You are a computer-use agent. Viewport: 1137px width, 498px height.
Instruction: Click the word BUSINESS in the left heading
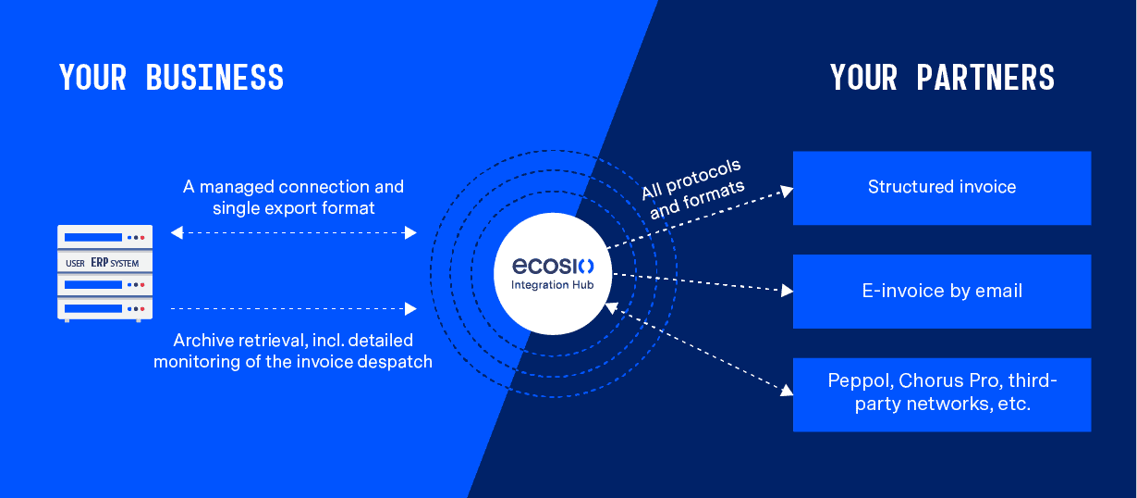[214, 78]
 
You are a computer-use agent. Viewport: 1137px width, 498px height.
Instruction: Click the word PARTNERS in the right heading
[985, 78]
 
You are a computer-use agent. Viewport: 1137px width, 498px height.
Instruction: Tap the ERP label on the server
[100, 263]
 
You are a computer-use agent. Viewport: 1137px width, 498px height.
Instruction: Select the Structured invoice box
[942, 188]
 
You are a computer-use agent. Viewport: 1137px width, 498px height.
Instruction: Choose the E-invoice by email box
[942, 292]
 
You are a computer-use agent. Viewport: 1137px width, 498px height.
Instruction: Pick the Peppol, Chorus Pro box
[942, 395]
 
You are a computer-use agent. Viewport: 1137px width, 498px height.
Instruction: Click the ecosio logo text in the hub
[553, 266]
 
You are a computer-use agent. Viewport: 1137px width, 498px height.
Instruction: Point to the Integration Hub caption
[552, 285]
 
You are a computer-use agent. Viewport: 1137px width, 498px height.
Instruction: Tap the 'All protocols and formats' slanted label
[693, 189]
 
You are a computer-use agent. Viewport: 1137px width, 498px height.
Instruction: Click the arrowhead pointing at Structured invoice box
[788, 191]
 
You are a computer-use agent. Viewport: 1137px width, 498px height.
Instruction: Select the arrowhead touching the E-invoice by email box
[788, 291]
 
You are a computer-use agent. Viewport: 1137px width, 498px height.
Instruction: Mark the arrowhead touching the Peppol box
[788, 391]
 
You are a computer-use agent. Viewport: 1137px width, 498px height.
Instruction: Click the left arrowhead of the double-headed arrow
[177, 232]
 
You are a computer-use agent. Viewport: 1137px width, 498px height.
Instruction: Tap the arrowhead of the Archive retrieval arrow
[410, 308]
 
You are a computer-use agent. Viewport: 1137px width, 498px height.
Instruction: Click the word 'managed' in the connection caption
[237, 187]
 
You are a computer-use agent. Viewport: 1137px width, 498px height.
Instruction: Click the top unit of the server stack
[105, 237]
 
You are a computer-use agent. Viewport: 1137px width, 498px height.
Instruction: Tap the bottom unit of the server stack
[105, 309]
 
